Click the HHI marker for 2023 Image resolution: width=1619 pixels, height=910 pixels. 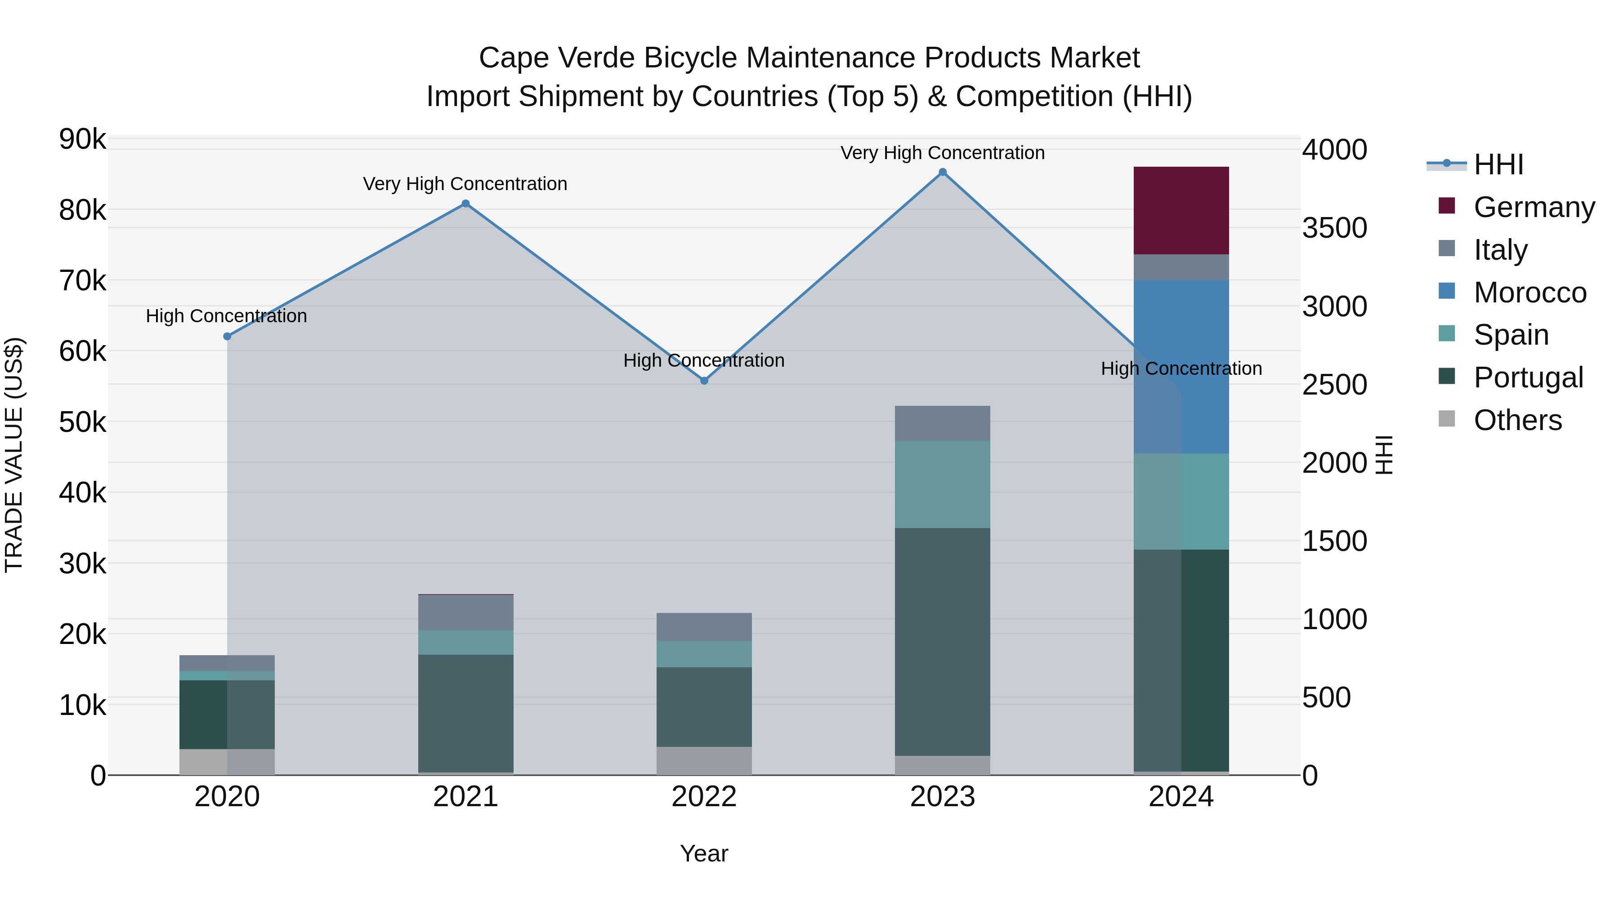(x=942, y=172)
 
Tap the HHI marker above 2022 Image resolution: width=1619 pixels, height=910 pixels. (x=704, y=381)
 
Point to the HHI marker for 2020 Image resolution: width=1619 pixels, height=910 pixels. (x=228, y=337)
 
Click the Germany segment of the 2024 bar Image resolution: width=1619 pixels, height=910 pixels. (x=1181, y=210)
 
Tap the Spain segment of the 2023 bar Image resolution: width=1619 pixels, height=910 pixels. (x=942, y=484)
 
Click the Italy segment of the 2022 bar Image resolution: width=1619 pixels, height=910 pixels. (x=704, y=627)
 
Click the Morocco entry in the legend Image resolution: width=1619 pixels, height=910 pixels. (x=1530, y=293)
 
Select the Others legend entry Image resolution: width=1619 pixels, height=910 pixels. (x=1517, y=420)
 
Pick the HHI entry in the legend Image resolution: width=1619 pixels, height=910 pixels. (x=1498, y=164)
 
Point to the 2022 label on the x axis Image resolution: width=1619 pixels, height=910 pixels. (x=704, y=797)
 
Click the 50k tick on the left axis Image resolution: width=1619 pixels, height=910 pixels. (x=82, y=422)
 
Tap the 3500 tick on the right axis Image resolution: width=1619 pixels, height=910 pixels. (x=1334, y=228)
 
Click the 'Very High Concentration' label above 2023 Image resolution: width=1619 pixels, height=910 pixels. (x=942, y=153)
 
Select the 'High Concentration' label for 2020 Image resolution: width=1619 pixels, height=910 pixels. (x=226, y=316)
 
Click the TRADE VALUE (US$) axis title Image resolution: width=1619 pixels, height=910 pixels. (x=14, y=455)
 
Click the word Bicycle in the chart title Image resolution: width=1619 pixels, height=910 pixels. (x=691, y=58)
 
